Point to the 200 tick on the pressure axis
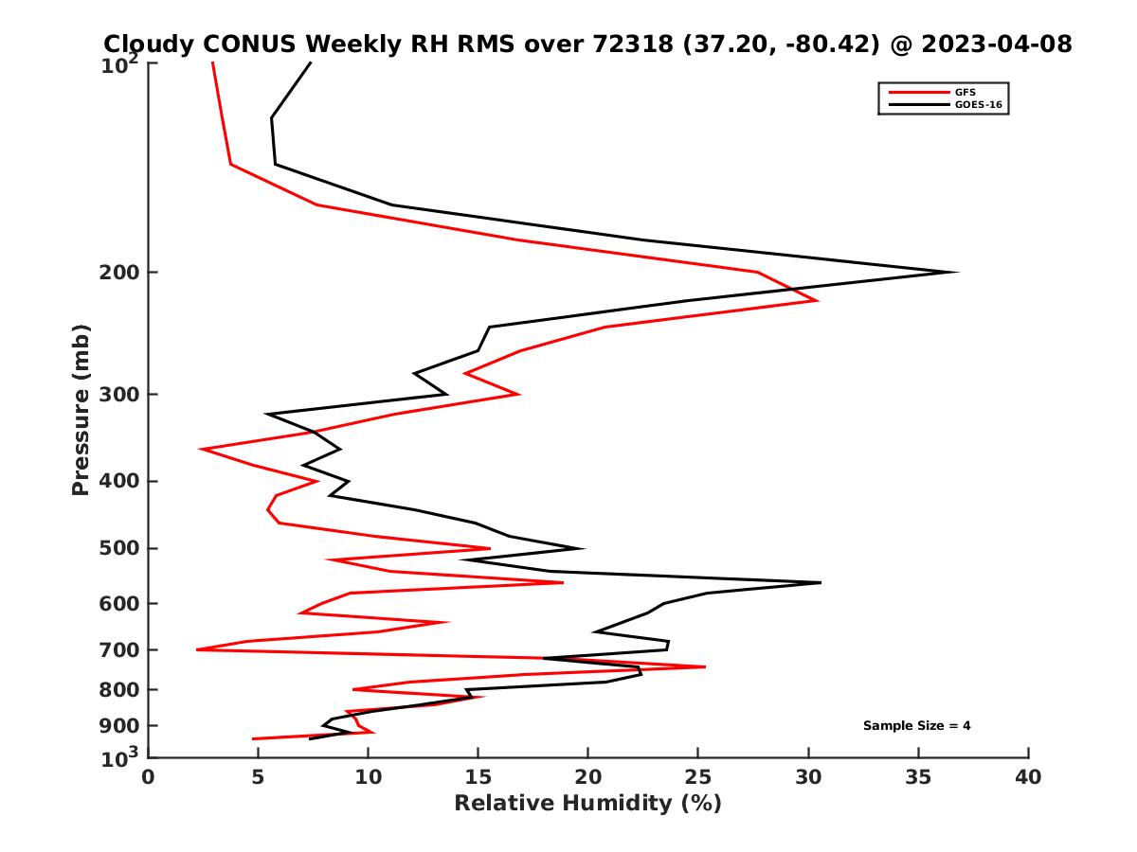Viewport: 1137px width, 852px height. (x=121, y=273)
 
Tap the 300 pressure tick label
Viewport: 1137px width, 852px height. (x=121, y=395)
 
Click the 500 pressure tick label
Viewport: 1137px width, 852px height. (x=121, y=548)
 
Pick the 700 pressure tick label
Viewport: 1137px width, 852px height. (x=121, y=650)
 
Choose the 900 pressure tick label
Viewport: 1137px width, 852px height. (x=121, y=726)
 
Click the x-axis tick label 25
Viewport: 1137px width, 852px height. (x=698, y=777)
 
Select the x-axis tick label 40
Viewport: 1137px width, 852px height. (x=1028, y=777)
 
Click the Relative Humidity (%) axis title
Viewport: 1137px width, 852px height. (x=587, y=804)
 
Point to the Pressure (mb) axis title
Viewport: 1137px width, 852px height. (x=81, y=409)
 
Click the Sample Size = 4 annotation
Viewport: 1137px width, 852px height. (x=916, y=726)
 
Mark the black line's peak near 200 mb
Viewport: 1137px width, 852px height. (x=957, y=273)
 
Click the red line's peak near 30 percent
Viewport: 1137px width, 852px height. (x=817, y=300)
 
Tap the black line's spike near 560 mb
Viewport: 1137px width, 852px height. (x=820, y=583)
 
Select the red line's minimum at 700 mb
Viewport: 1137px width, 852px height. (x=197, y=649)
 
